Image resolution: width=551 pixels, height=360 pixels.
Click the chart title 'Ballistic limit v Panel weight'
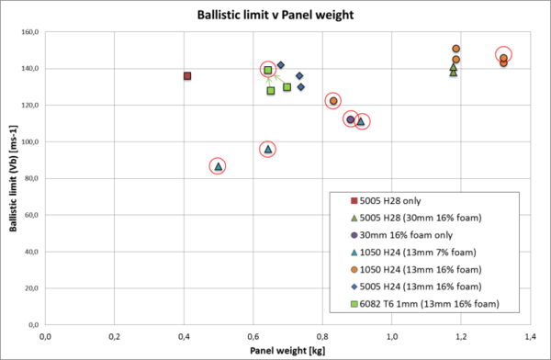(x=275, y=15)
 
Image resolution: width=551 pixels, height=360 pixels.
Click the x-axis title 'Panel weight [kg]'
(x=286, y=350)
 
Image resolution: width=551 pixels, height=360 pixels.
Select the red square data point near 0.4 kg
(x=187, y=75)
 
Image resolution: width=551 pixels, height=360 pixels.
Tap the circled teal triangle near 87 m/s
(x=218, y=166)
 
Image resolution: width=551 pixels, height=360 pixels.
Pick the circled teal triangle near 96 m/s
(x=268, y=149)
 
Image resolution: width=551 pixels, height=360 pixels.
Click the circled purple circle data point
(x=350, y=120)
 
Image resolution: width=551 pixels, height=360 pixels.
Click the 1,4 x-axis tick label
(x=529, y=335)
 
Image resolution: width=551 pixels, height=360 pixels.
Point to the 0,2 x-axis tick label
(x=114, y=335)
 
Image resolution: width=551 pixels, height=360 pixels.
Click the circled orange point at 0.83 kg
(x=333, y=101)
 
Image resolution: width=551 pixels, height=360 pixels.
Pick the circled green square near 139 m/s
(x=268, y=70)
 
